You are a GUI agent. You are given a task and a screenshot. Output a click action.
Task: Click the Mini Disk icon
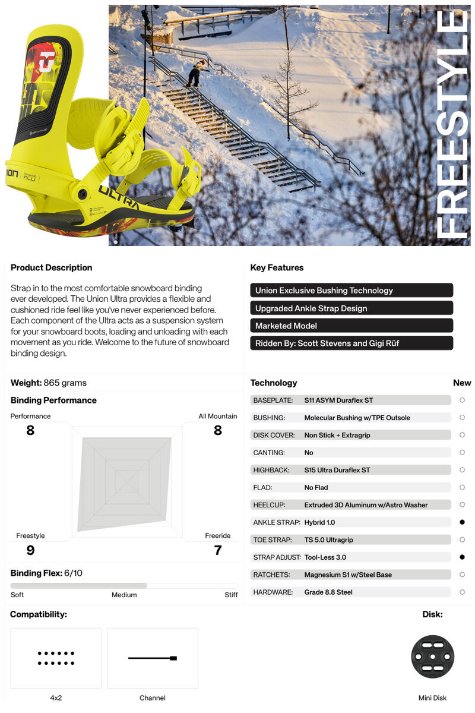click(432, 657)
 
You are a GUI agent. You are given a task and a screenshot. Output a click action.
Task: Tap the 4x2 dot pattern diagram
click(56, 658)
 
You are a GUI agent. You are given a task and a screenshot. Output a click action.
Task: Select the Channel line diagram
click(153, 658)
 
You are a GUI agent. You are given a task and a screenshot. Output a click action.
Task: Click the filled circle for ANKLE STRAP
click(462, 522)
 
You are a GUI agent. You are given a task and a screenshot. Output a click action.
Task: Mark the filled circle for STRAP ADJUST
click(462, 557)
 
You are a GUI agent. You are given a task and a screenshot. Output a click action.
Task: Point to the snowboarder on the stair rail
click(195, 74)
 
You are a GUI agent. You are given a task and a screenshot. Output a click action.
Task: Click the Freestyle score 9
click(30, 550)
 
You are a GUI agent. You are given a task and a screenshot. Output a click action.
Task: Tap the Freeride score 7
click(218, 550)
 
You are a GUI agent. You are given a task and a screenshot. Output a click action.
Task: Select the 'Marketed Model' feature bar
click(351, 326)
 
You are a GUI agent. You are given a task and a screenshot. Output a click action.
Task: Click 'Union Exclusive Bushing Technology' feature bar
click(351, 291)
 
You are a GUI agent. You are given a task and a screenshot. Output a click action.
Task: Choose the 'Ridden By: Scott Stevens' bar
click(351, 343)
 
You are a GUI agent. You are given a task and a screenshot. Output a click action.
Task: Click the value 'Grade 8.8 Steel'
click(328, 592)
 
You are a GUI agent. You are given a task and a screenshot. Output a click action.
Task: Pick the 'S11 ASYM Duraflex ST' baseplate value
click(338, 400)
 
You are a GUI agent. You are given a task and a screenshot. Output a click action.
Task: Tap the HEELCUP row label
click(270, 505)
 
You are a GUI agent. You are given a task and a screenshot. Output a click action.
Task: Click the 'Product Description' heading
click(52, 267)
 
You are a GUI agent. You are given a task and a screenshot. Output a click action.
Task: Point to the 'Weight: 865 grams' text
click(49, 383)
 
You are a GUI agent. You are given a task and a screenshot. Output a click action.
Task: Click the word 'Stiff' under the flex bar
click(231, 595)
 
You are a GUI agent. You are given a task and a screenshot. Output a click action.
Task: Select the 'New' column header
click(461, 383)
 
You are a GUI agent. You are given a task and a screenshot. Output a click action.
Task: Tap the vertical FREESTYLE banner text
click(452, 125)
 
